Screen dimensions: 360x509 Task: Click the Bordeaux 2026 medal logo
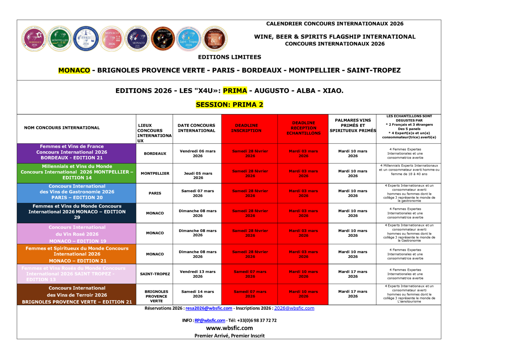[34, 39]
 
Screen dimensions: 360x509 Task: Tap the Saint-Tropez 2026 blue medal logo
[189, 39]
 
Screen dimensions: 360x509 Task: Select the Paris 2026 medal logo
[86, 39]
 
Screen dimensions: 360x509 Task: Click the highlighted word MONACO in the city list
[74, 70]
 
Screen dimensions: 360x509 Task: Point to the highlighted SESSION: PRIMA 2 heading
[229, 105]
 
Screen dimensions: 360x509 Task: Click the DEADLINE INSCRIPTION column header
[246, 128]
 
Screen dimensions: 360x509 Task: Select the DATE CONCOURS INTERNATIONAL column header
[197, 128]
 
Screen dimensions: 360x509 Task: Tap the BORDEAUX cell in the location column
[155, 154]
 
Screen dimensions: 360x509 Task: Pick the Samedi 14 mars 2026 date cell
[198, 294]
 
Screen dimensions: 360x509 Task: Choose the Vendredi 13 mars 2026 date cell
[198, 274]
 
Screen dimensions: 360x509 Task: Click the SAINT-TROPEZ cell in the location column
[155, 274]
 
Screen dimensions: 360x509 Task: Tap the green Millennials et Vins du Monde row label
[77, 172]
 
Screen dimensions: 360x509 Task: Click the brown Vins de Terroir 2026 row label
[77, 295]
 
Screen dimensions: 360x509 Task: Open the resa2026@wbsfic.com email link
[209, 308]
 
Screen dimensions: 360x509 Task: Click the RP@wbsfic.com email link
[210, 321]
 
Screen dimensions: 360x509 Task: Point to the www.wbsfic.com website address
[229, 328]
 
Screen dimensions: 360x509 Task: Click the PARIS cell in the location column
[155, 193]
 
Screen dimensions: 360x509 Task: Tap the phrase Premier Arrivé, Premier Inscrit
[229, 336]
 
